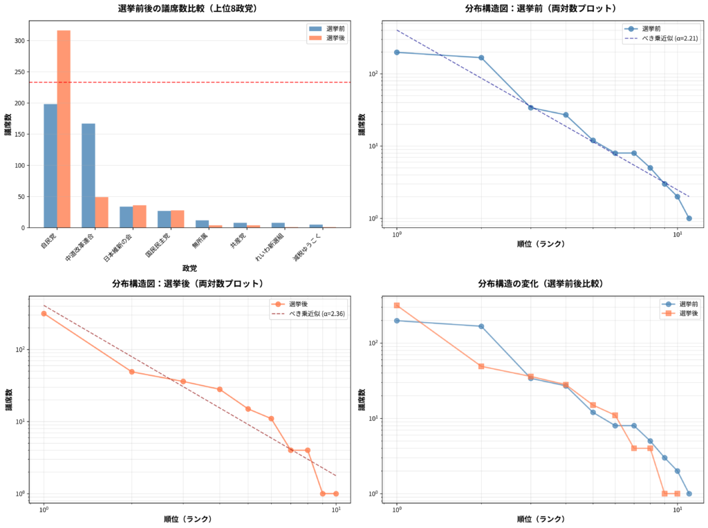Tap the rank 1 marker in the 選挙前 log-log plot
pyautogui.click(x=397, y=53)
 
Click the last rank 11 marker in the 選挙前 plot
pyautogui.click(x=689, y=218)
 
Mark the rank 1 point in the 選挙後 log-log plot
pyautogui.click(x=44, y=313)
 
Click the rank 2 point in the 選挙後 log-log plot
pyautogui.click(x=131, y=372)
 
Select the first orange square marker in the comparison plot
pyautogui.click(x=397, y=305)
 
